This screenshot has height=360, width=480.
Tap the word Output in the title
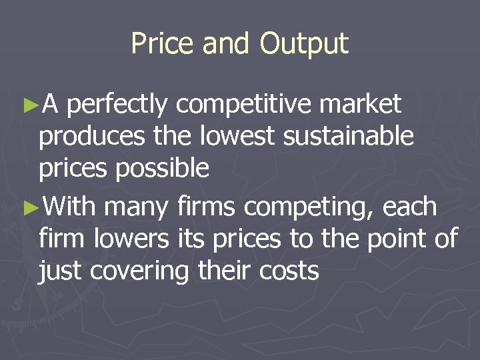click(304, 45)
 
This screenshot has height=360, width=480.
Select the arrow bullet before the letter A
click(31, 105)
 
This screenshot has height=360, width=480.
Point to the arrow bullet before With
click(31, 207)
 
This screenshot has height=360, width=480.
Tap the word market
click(361, 105)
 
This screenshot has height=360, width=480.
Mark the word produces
click(91, 137)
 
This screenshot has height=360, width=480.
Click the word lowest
click(237, 137)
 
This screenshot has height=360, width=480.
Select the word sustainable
click(349, 137)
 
